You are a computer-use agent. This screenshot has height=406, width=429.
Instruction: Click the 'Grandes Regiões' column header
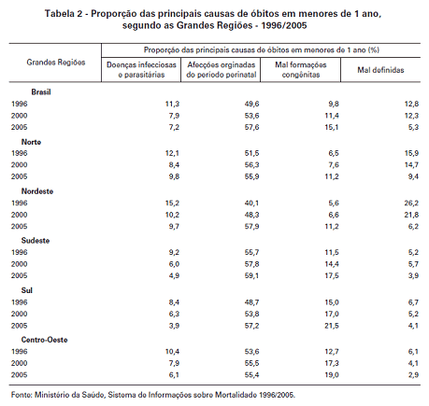(x=56, y=63)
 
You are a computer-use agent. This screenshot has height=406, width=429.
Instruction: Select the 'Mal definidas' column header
(x=380, y=70)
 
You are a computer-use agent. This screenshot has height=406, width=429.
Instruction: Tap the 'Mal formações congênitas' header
(x=301, y=69)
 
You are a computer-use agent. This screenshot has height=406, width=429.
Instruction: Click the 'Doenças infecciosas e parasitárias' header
(x=141, y=69)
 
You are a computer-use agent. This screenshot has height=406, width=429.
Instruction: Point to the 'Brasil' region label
(x=41, y=92)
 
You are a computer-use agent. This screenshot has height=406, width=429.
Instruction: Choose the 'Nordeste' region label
(x=37, y=191)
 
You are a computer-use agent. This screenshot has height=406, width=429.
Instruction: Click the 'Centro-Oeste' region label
(x=44, y=340)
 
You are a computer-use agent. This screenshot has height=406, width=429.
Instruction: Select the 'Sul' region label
(x=27, y=290)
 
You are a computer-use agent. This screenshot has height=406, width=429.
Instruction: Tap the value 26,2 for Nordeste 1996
(x=411, y=203)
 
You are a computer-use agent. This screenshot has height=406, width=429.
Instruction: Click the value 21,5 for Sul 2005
(x=332, y=326)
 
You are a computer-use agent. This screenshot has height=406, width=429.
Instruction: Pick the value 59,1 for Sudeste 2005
(x=251, y=275)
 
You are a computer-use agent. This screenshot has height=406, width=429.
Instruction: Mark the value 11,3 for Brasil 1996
(x=172, y=104)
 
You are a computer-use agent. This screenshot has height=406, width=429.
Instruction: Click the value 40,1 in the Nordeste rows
(x=251, y=203)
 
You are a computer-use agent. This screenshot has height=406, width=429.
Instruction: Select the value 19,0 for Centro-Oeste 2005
(x=332, y=374)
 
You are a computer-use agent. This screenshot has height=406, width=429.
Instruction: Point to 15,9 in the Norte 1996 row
(x=411, y=153)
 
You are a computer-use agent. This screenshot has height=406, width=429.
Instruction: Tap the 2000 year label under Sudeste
(x=20, y=264)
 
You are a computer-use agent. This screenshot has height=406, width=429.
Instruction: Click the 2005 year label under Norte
(x=20, y=176)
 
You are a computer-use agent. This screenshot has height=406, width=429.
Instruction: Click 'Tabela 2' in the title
(x=64, y=14)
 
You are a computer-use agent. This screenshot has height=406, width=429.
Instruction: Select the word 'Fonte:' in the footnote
(x=21, y=395)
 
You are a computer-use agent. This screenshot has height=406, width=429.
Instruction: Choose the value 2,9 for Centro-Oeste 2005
(x=413, y=374)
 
